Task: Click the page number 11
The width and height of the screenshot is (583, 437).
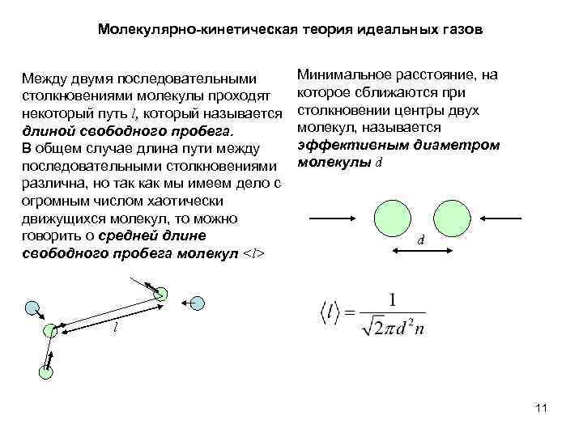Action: [542, 408]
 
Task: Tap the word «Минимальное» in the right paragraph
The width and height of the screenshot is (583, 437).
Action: [343, 75]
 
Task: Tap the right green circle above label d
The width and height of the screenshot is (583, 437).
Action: [452, 217]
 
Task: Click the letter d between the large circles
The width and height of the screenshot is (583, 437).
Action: [420, 240]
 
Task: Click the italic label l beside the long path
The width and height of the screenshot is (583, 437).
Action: [115, 330]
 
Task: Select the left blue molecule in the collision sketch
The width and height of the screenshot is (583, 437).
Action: [32, 308]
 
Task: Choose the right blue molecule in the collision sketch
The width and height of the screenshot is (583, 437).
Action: [197, 303]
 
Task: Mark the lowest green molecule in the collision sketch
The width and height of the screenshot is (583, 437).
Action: [45, 371]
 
